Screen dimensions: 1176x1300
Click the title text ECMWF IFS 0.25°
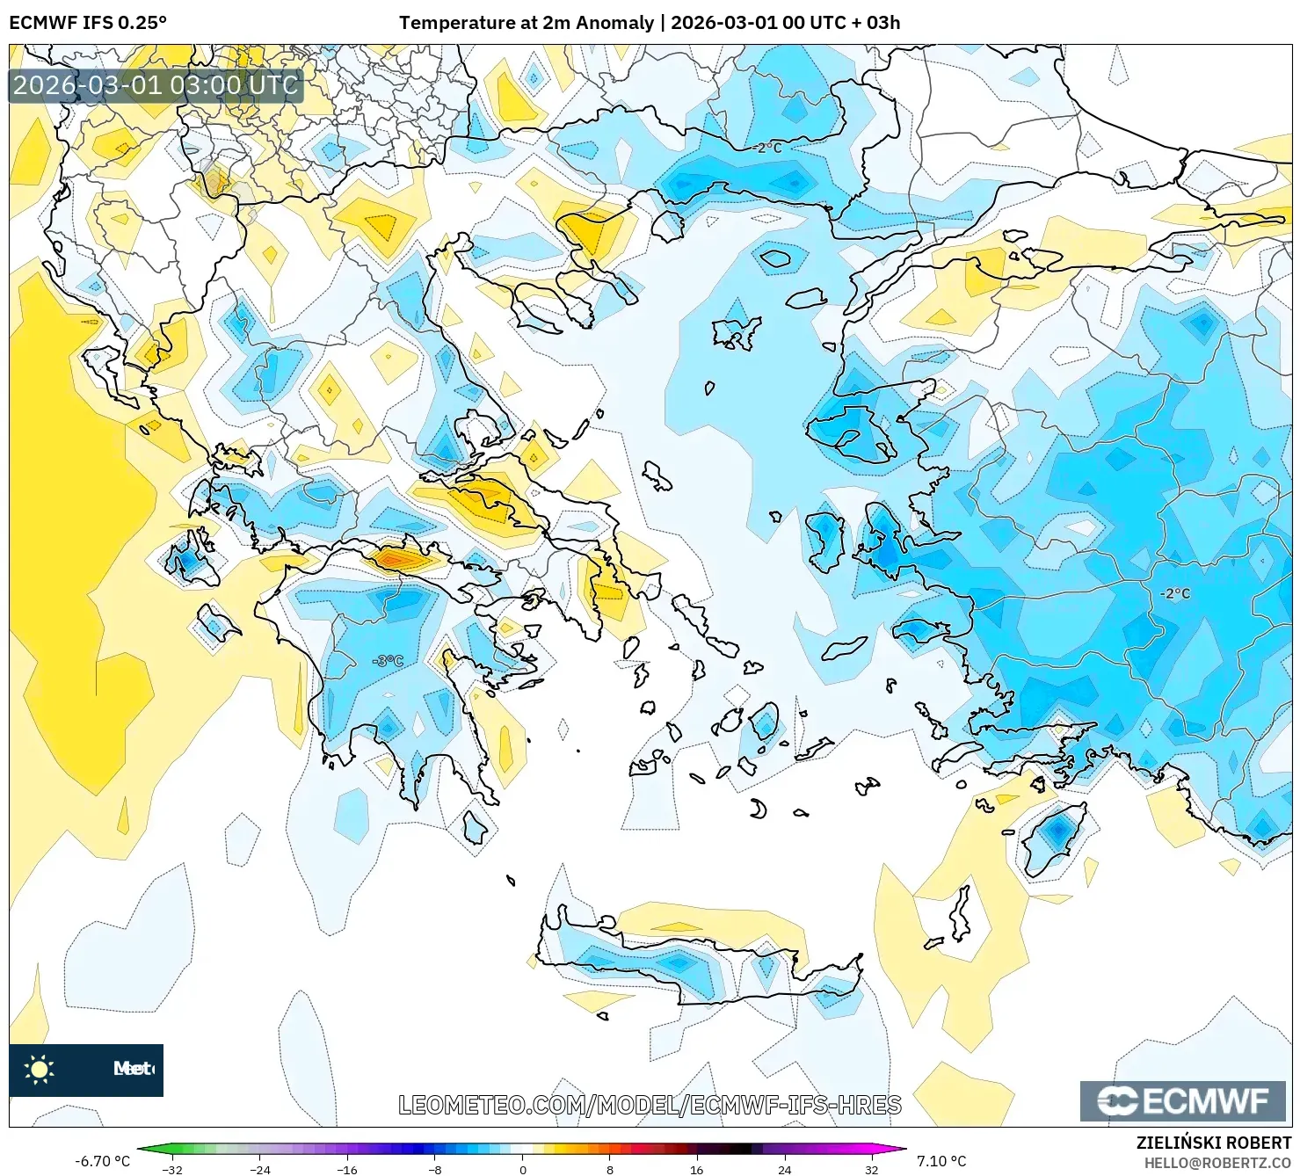88,23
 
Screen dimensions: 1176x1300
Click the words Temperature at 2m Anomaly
526,23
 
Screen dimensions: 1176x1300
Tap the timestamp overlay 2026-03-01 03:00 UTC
156,85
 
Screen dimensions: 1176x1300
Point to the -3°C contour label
388,661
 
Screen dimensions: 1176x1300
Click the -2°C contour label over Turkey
1174,593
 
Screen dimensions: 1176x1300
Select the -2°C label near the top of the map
766,148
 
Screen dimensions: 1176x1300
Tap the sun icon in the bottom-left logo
40,1070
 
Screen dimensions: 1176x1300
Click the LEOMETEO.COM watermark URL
650,1105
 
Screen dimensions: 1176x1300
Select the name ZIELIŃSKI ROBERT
1213,1143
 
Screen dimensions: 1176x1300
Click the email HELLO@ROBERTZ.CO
1217,1163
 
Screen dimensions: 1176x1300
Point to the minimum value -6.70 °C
102,1161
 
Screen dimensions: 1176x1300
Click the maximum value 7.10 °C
941,1161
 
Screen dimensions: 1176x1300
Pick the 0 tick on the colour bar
523,1169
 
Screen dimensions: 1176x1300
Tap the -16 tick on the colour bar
348,1169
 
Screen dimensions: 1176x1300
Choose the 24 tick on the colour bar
785,1169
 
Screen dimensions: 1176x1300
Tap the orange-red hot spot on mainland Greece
396,558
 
